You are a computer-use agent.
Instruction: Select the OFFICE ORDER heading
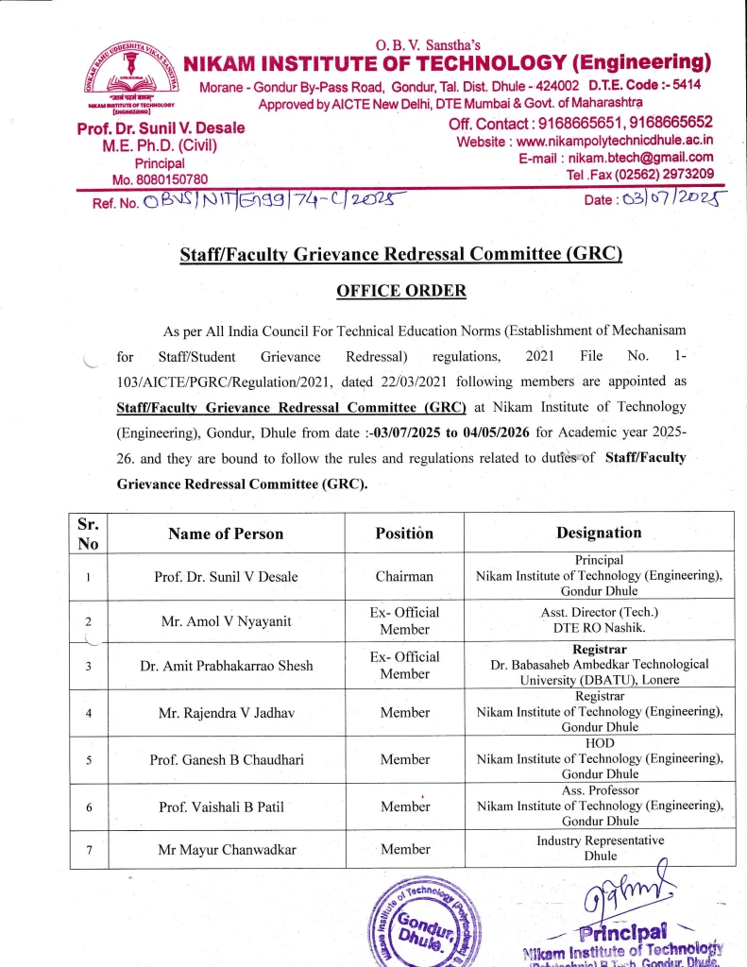point(401,290)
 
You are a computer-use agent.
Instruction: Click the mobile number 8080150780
point(168,178)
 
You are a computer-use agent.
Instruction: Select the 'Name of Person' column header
point(226,534)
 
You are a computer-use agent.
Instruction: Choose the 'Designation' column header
point(599,533)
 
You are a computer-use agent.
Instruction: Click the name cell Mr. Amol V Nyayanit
point(226,621)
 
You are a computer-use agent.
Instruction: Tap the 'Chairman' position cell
point(404,576)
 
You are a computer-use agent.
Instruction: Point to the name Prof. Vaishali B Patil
point(226,806)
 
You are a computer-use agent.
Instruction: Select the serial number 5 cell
point(88,759)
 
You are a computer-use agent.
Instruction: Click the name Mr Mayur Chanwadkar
point(227,850)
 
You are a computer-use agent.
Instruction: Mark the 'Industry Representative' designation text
point(600,840)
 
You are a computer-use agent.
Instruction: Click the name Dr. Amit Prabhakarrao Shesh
point(226,666)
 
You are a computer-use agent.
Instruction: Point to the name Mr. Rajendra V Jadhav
point(226,713)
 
